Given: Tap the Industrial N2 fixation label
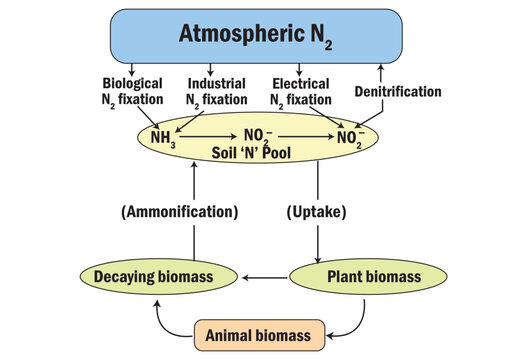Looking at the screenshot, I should click(216, 91).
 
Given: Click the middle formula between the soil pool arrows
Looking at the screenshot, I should click(258, 134).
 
